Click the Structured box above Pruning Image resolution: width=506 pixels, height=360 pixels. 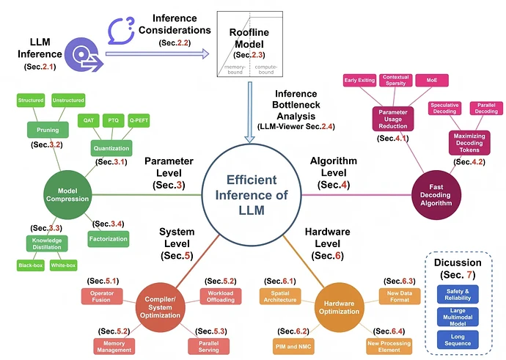[x=30, y=99]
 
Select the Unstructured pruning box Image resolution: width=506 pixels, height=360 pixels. [x=69, y=99]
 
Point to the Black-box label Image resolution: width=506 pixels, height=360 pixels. [x=30, y=265]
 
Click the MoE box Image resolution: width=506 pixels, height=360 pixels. [x=427, y=81]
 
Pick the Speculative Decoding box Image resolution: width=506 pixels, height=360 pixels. [x=444, y=109]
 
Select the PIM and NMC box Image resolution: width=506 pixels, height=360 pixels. [x=293, y=345]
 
